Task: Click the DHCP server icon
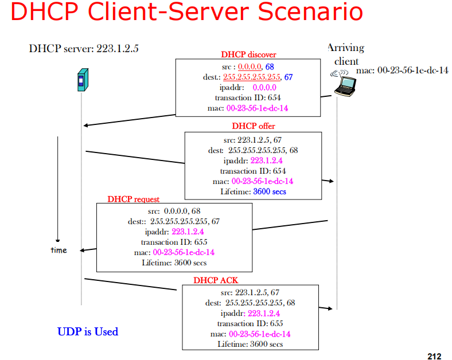point(83,80)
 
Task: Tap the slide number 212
point(434,356)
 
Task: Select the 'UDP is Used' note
point(88,331)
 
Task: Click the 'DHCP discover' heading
point(248,54)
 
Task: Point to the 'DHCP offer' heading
point(254,126)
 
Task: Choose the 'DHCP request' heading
point(133,199)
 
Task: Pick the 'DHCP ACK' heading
point(216,280)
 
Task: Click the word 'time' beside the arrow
point(59,251)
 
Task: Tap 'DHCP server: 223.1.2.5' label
point(84,48)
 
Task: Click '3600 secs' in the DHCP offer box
point(270,191)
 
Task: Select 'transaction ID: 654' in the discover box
point(248,97)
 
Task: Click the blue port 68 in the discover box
point(270,67)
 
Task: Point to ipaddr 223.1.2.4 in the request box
point(188,232)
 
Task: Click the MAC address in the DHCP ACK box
point(259,334)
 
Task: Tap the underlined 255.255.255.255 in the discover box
point(252,77)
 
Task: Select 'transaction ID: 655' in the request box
point(174,242)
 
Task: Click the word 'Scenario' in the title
point(310,11)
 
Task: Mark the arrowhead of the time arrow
point(58,241)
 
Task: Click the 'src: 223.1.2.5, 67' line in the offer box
point(252,140)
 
